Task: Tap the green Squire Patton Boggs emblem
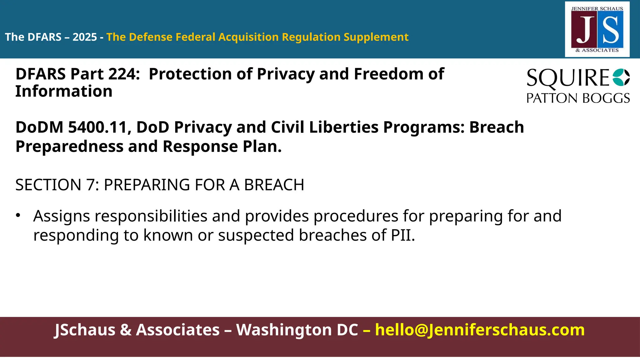click(x=621, y=77)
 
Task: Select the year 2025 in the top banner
click(x=85, y=37)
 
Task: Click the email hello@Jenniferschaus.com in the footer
click(x=480, y=330)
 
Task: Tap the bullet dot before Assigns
click(x=18, y=215)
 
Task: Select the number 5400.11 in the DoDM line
click(x=98, y=127)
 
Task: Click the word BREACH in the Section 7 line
click(x=274, y=185)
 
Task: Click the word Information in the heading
click(x=64, y=91)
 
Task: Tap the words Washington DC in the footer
click(x=297, y=330)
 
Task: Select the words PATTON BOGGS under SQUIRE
click(x=578, y=98)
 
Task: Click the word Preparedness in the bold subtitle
click(x=69, y=147)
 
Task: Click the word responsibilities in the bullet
click(x=151, y=216)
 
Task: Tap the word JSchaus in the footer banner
click(x=85, y=330)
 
